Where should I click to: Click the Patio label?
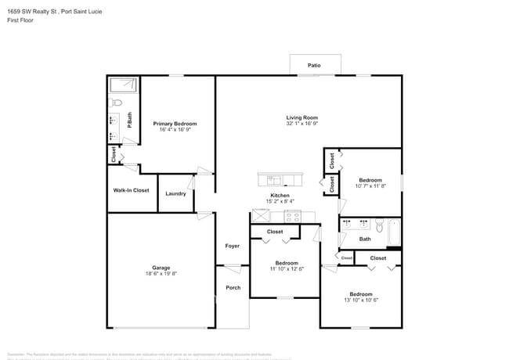pos(314,66)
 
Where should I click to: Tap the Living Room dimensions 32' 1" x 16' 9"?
pos(301,124)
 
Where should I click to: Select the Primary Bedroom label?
pos(175,124)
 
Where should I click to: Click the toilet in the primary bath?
pos(116,103)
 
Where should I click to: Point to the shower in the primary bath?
pos(122,85)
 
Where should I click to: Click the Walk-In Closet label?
pos(131,190)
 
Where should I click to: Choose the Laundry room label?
pos(175,193)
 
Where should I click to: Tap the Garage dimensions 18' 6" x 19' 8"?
pos(161,274)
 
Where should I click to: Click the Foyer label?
pos(233,246)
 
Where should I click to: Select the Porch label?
pos(233,287)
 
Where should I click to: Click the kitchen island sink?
pos(275,179)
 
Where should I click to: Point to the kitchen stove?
pos(299,217)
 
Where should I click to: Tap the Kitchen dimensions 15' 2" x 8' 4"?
pos(280,202)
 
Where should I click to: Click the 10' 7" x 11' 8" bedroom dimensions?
pos(370,186)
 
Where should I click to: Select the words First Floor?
pos(20,20)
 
